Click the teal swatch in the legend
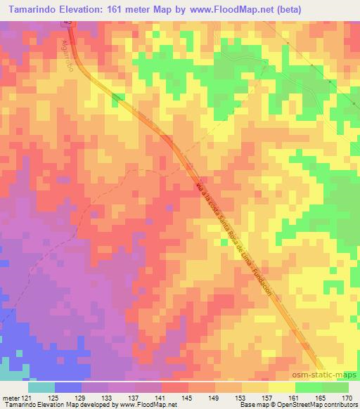[x=41, y=387]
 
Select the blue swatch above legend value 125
[x=68, y=387]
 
